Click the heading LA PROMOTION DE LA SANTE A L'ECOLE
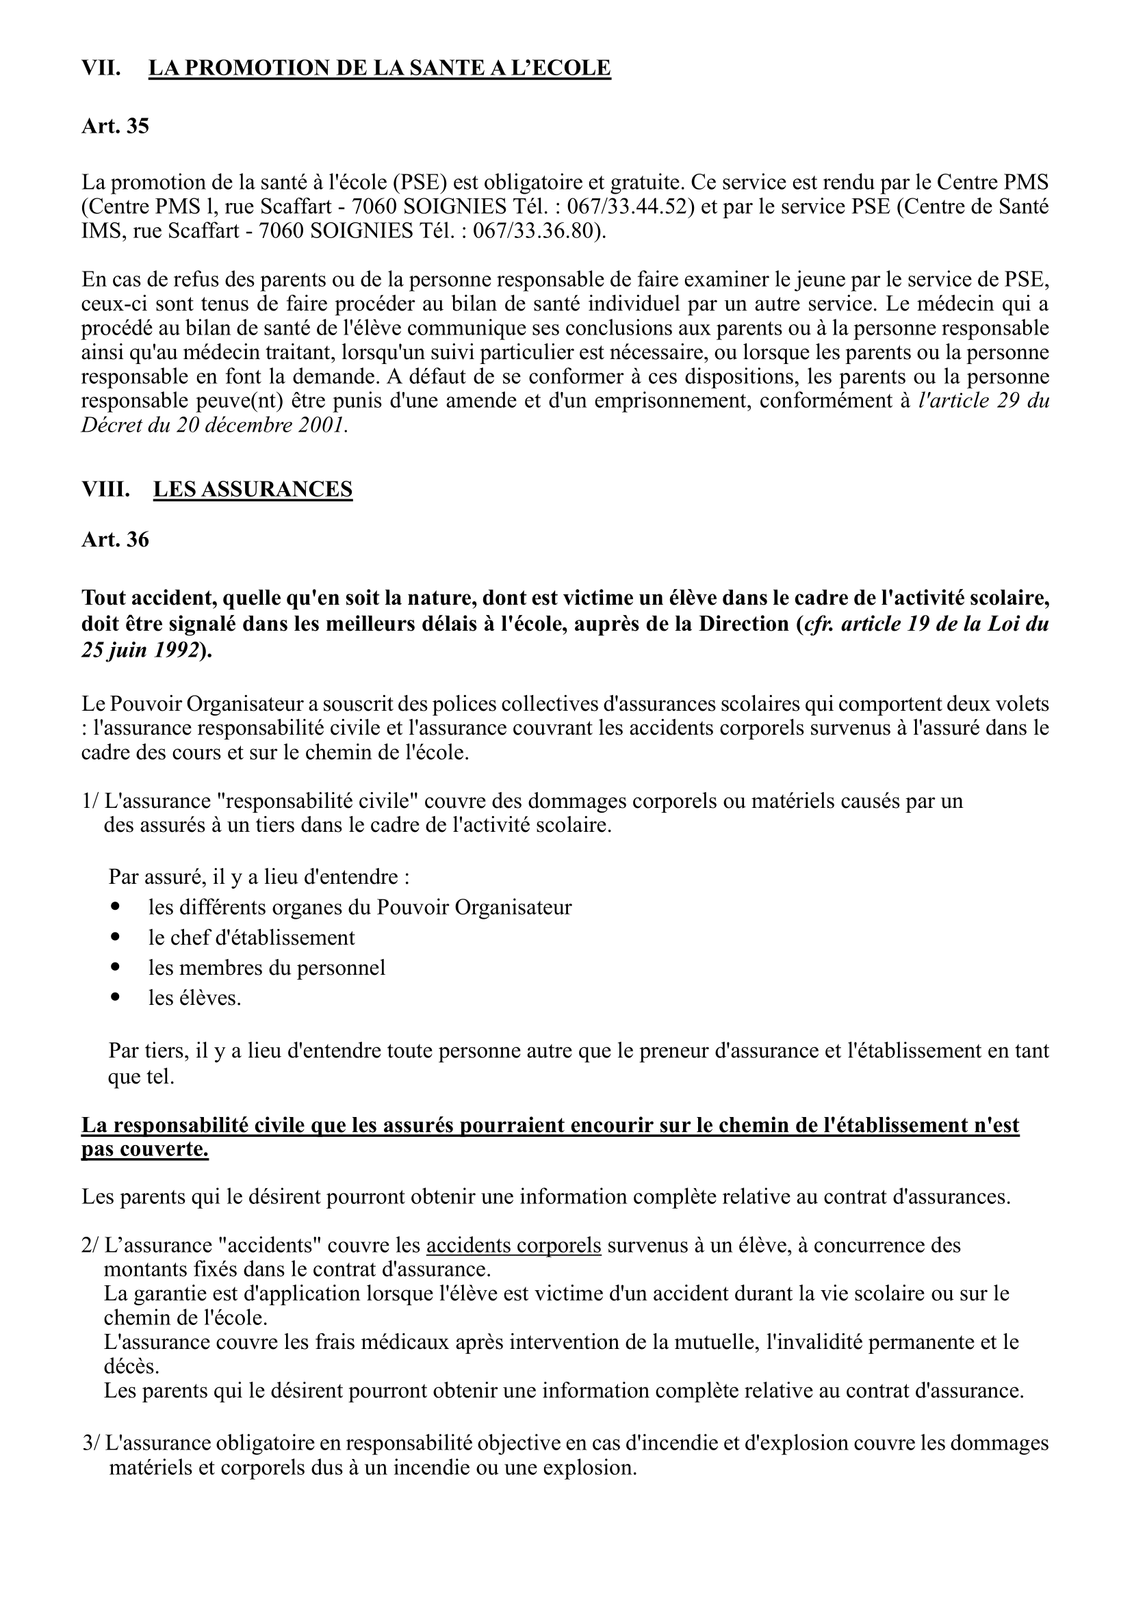[379, 68]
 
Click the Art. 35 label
[115, 126]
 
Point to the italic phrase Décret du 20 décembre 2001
[214, 425]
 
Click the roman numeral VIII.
[105, 489]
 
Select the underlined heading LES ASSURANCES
[253, 489]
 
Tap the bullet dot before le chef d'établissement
[116, 936]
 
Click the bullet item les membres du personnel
[266, 967]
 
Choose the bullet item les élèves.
[194, 998]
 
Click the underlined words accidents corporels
[513, 1245]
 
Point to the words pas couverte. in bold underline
[145, 1150]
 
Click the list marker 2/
[90, 1245]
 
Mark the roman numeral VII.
[101, 68]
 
